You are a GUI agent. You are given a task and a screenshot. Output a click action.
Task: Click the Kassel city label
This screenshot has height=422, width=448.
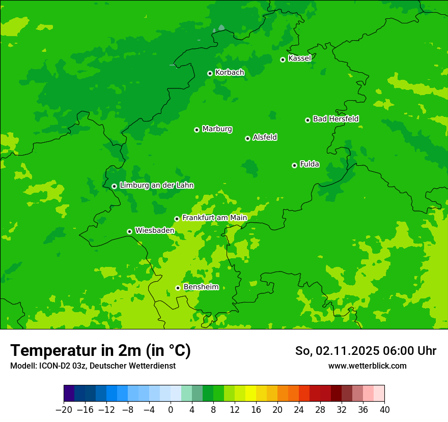[299, 58]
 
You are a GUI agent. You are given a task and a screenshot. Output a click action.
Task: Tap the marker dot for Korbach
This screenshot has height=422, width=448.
[210, 73]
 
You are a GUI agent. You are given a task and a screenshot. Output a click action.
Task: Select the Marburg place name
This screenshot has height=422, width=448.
[217, 129]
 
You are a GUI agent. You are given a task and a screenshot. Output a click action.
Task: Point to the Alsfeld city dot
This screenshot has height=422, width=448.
[247, 138]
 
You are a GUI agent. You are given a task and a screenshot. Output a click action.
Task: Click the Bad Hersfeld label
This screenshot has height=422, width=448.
[335, 119]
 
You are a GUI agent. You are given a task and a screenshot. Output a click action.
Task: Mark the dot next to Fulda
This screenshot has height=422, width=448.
[294, 165]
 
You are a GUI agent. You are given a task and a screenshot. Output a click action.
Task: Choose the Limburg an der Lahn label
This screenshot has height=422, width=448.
[156, 186]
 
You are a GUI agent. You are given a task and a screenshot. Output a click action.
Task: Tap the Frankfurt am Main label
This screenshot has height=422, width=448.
[214, 218]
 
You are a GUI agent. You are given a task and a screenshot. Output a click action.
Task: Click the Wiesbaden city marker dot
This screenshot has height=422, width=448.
[129, 231]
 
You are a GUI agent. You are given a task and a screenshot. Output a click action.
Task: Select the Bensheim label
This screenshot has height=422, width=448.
[201, 287]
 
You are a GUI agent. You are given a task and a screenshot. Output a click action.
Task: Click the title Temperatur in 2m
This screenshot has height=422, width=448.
[100, 351]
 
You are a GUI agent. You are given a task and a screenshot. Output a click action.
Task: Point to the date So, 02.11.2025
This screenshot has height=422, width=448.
[337, 351]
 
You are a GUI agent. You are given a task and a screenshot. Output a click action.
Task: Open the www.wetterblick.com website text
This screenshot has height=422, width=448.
[367, 366]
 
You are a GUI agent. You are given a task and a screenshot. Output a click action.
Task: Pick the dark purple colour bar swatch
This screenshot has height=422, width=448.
[69, 394]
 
